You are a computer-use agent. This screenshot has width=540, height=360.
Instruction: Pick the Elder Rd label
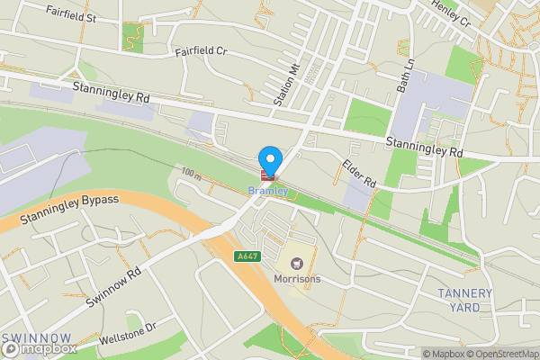click(357, 172)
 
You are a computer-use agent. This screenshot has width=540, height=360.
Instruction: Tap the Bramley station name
click(267, 191)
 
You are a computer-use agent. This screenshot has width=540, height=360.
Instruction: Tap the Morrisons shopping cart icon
click(296, 263)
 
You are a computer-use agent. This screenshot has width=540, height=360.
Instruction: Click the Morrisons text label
click(297, 279)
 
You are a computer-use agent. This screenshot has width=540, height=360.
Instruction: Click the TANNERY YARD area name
click(464, 300)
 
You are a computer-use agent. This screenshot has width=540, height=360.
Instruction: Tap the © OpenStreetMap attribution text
click(502, 354)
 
